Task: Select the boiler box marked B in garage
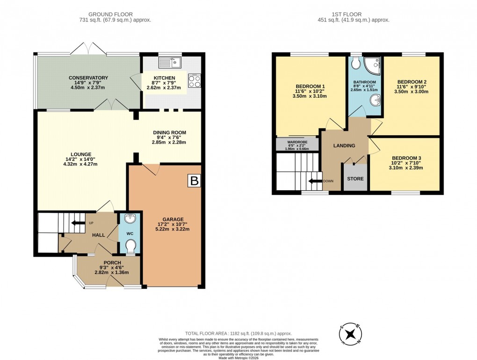(193, 181)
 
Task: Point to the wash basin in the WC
(130, 218)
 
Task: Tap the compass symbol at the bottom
(349, 333)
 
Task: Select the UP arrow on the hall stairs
(75, 223)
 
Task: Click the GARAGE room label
(173, 219)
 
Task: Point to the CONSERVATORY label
(88, 78)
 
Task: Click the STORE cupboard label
(355, 179)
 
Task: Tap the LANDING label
(344, 145)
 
